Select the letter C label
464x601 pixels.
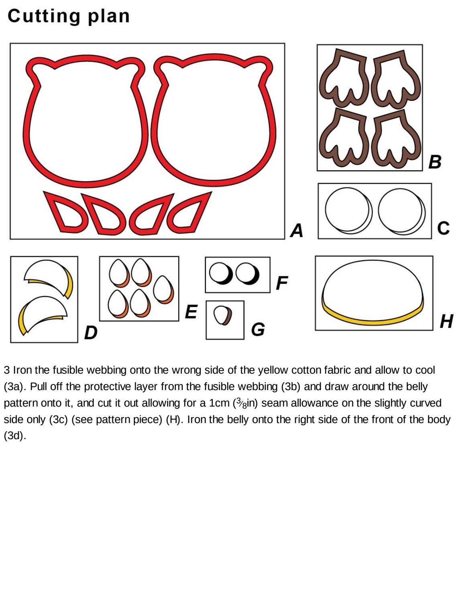[443, 228]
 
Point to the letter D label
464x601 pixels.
[91, 332]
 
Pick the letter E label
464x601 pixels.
[191, 311]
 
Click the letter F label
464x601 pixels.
[282, 283]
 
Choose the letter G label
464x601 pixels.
[258, 329]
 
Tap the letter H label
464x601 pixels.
[446, 321]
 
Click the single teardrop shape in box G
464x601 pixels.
[223, 315]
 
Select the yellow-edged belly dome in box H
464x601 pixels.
[373, 292]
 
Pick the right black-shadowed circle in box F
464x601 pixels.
[248, 274]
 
